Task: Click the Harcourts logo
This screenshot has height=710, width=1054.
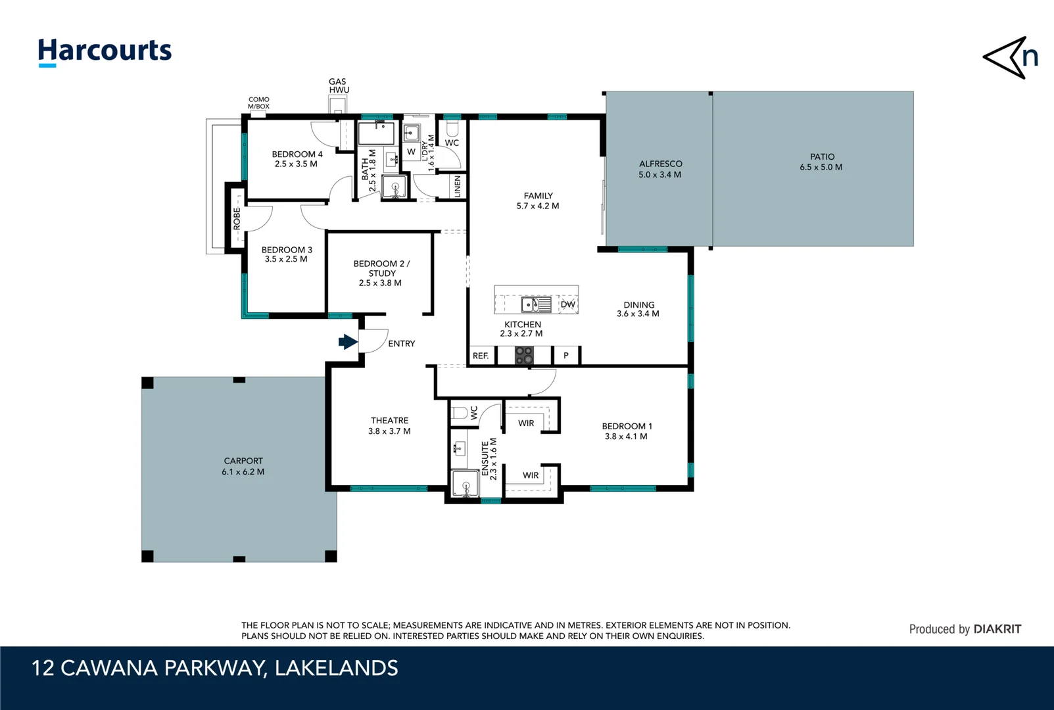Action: [105, 51]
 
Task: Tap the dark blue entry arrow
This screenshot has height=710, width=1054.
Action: [347, 342]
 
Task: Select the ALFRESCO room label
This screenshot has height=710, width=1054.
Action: [660, 164]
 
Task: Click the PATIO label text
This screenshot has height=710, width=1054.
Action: [822, 156]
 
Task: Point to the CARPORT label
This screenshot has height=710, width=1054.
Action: [243, 461]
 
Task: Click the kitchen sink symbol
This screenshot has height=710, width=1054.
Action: [536, 304]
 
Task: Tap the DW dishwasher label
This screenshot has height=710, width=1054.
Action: [567, 304]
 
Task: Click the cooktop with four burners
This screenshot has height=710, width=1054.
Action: [524, 356]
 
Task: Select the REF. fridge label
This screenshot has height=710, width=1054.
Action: [481, 356]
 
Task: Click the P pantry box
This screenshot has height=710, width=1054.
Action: [565, 356]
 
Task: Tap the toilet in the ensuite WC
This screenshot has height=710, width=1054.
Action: [459, 413]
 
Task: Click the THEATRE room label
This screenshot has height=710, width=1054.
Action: [389, 420]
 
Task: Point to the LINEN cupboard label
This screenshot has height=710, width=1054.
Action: [458, 186]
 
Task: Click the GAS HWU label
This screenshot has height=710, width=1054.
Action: [339, 86]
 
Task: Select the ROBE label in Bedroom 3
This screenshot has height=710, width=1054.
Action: [237, 219]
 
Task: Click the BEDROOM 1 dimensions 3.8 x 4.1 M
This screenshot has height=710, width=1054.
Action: [626, 437]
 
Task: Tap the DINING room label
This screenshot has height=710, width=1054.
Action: [638, 304]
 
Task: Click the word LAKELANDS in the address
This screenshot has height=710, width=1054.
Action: [336, 668]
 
